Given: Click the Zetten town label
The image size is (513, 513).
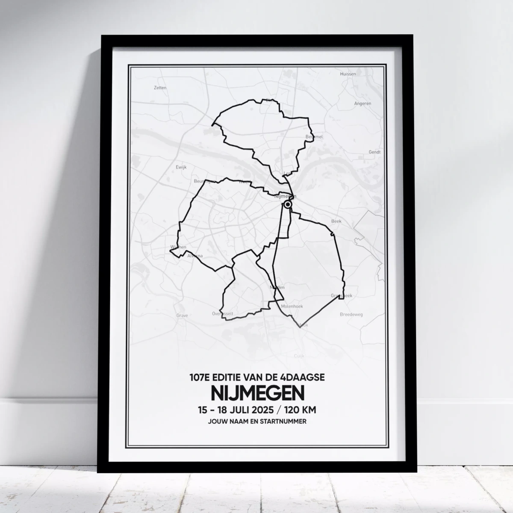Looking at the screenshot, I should pyautogui.click(x=160, y=88).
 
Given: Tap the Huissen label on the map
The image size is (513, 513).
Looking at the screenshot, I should pyautogui.click(x=348, y=74).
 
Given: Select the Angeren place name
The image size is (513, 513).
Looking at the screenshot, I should pyautogui.click(x=363, y=103).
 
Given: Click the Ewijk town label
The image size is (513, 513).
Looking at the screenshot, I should pyautogui.click(x=181, y=167).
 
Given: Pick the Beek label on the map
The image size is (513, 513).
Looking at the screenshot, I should pyautogui.click(x=336, y=221).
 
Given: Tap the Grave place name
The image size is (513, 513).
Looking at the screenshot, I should pyautogui.click(x=182, y=316).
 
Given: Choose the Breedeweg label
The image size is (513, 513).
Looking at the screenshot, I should pyautogui.click(x=351, y=314).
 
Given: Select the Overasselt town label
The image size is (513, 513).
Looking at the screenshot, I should pyautogui.click(x=223, y=313).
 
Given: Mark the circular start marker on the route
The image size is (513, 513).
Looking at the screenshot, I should pyautogui.click(x=288, y=205).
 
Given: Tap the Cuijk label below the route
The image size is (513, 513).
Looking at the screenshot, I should pyautogui.click(x=298, y=356).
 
